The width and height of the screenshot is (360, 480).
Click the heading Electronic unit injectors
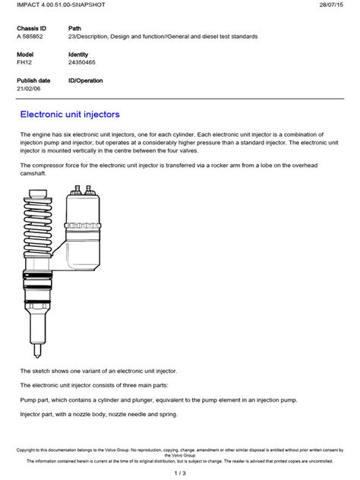coord(69,115)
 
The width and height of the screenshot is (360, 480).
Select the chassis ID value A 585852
coord(31,36)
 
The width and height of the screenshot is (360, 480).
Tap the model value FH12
coord(24,64)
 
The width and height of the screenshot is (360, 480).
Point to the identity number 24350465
coord(84,64)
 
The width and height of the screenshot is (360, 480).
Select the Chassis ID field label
coord(32,27)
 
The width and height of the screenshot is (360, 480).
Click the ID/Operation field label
coord(86,81)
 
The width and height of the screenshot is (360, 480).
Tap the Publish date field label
coord(33,81)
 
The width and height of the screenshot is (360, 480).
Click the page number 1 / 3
coord(180,473)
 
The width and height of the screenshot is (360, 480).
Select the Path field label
coord(74,27)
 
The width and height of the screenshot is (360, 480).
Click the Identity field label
coord(79,55)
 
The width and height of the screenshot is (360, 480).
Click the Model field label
coord(26,55)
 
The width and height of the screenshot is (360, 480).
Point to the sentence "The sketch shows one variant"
coord(98,371)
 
